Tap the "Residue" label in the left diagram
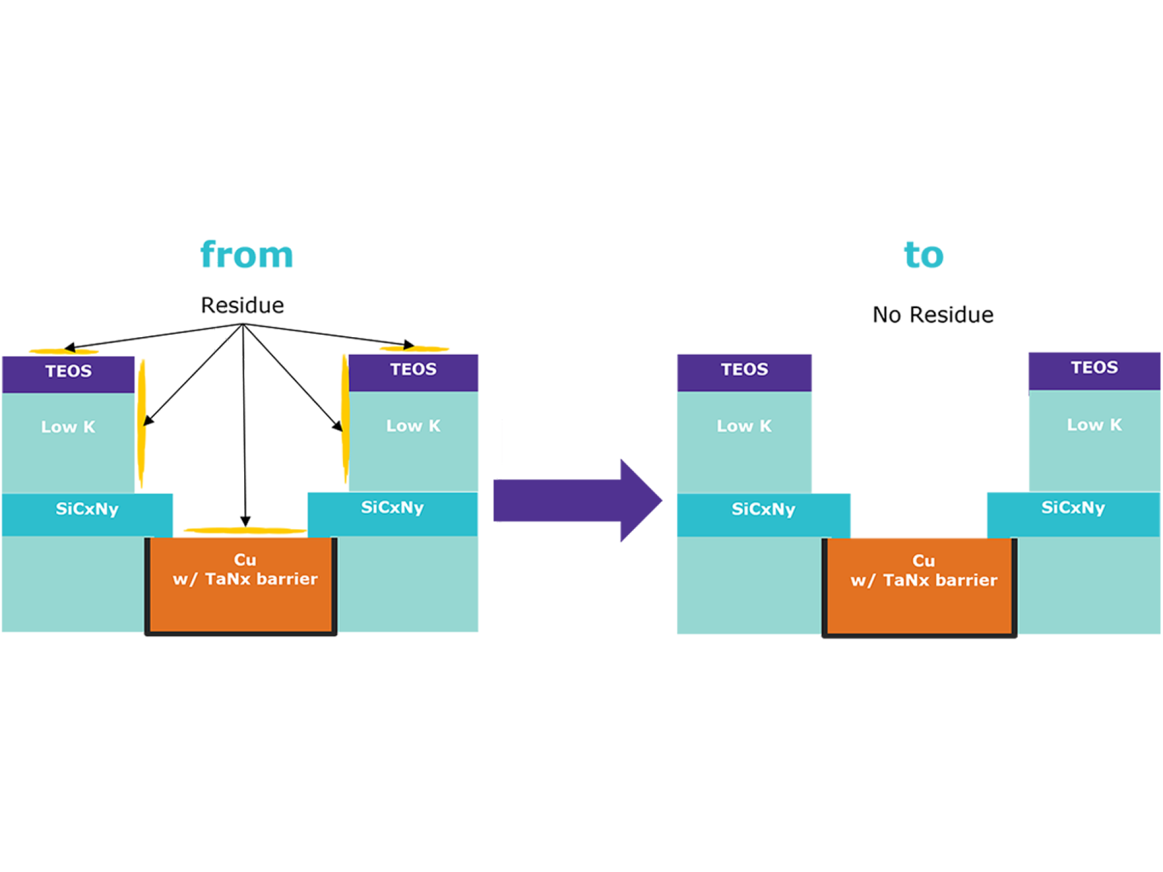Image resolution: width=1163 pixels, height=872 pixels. (242, 305)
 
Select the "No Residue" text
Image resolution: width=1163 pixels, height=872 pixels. (933, 315)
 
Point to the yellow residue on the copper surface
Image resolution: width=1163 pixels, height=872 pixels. (244, 530)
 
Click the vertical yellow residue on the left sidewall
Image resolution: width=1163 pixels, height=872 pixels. (141, 424)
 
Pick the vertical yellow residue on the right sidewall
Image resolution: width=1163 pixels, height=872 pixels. (345, 419)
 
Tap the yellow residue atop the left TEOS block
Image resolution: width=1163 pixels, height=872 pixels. (64, 351)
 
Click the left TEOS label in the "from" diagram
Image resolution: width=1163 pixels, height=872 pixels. (69, 371)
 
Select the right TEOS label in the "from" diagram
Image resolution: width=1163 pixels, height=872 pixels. (413, 369)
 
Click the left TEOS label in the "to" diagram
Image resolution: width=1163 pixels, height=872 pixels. (744, 369)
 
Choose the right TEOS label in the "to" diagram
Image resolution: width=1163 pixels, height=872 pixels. (1094, 367)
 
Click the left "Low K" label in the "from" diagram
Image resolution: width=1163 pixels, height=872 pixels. (68, 427)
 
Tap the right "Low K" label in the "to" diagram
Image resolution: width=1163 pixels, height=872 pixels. (1094, 425)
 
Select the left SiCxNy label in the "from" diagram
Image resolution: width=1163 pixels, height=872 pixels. (87, 509)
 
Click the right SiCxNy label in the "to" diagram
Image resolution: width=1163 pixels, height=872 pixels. (1073, 508)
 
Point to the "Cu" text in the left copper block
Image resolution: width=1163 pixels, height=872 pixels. (245, 560)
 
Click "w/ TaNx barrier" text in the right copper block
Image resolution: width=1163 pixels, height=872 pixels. (923, 580)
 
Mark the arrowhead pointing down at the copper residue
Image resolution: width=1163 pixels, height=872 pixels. (245, 521)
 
